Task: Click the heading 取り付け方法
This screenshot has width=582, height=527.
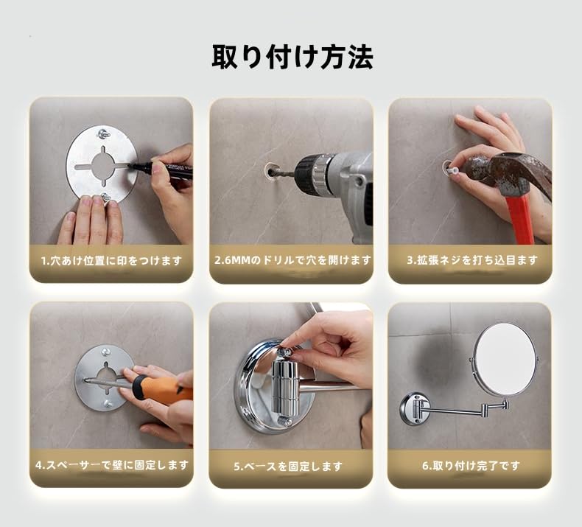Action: (x=292, y=57)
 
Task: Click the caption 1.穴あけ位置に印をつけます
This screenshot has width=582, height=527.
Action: (x=111, y=261)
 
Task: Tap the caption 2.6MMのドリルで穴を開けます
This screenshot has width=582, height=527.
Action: (x=292, y=260)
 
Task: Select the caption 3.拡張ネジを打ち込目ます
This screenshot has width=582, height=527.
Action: (x=472, y=260)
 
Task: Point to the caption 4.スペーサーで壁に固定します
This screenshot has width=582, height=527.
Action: (x=111, y=465)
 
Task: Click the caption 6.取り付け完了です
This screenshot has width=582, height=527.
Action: (x=471, y=466)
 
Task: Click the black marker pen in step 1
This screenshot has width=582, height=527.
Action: (x=166, y=171)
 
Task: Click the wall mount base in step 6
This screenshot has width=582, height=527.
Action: (x=414, y=408)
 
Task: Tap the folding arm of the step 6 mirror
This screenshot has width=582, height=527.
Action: (x=464, y=408)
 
